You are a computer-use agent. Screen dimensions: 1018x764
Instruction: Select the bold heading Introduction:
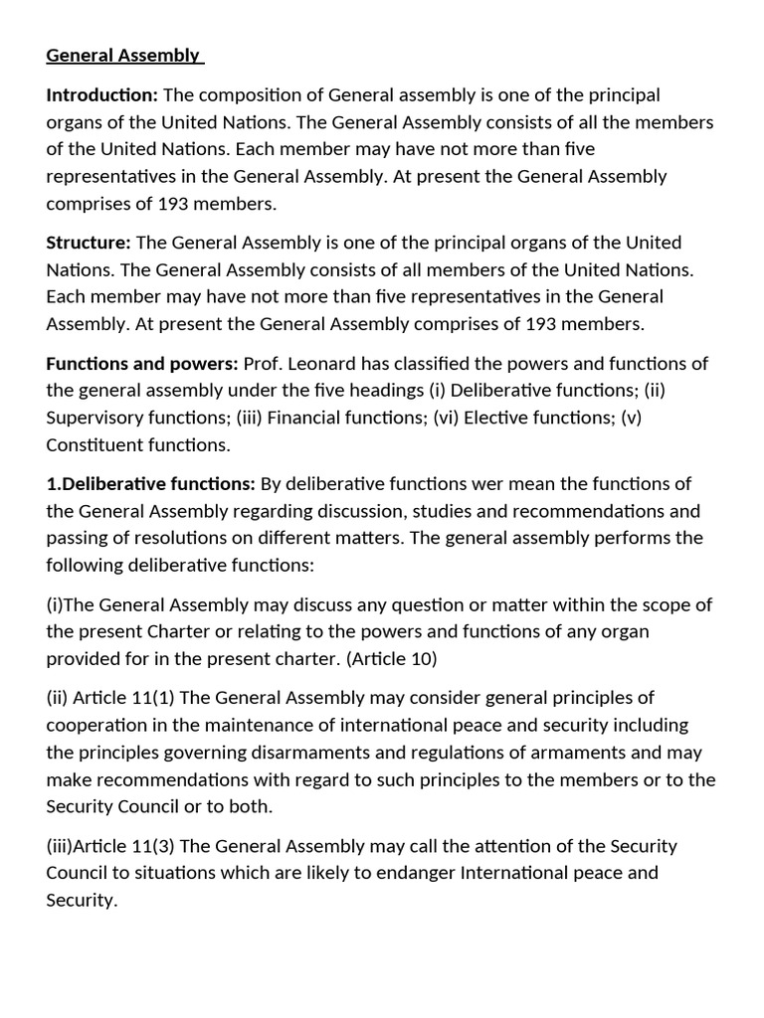pyautogui.click(x=102, y=95)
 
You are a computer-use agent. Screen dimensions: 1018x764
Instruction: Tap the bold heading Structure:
pyautogui.click(x=89, y=243)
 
